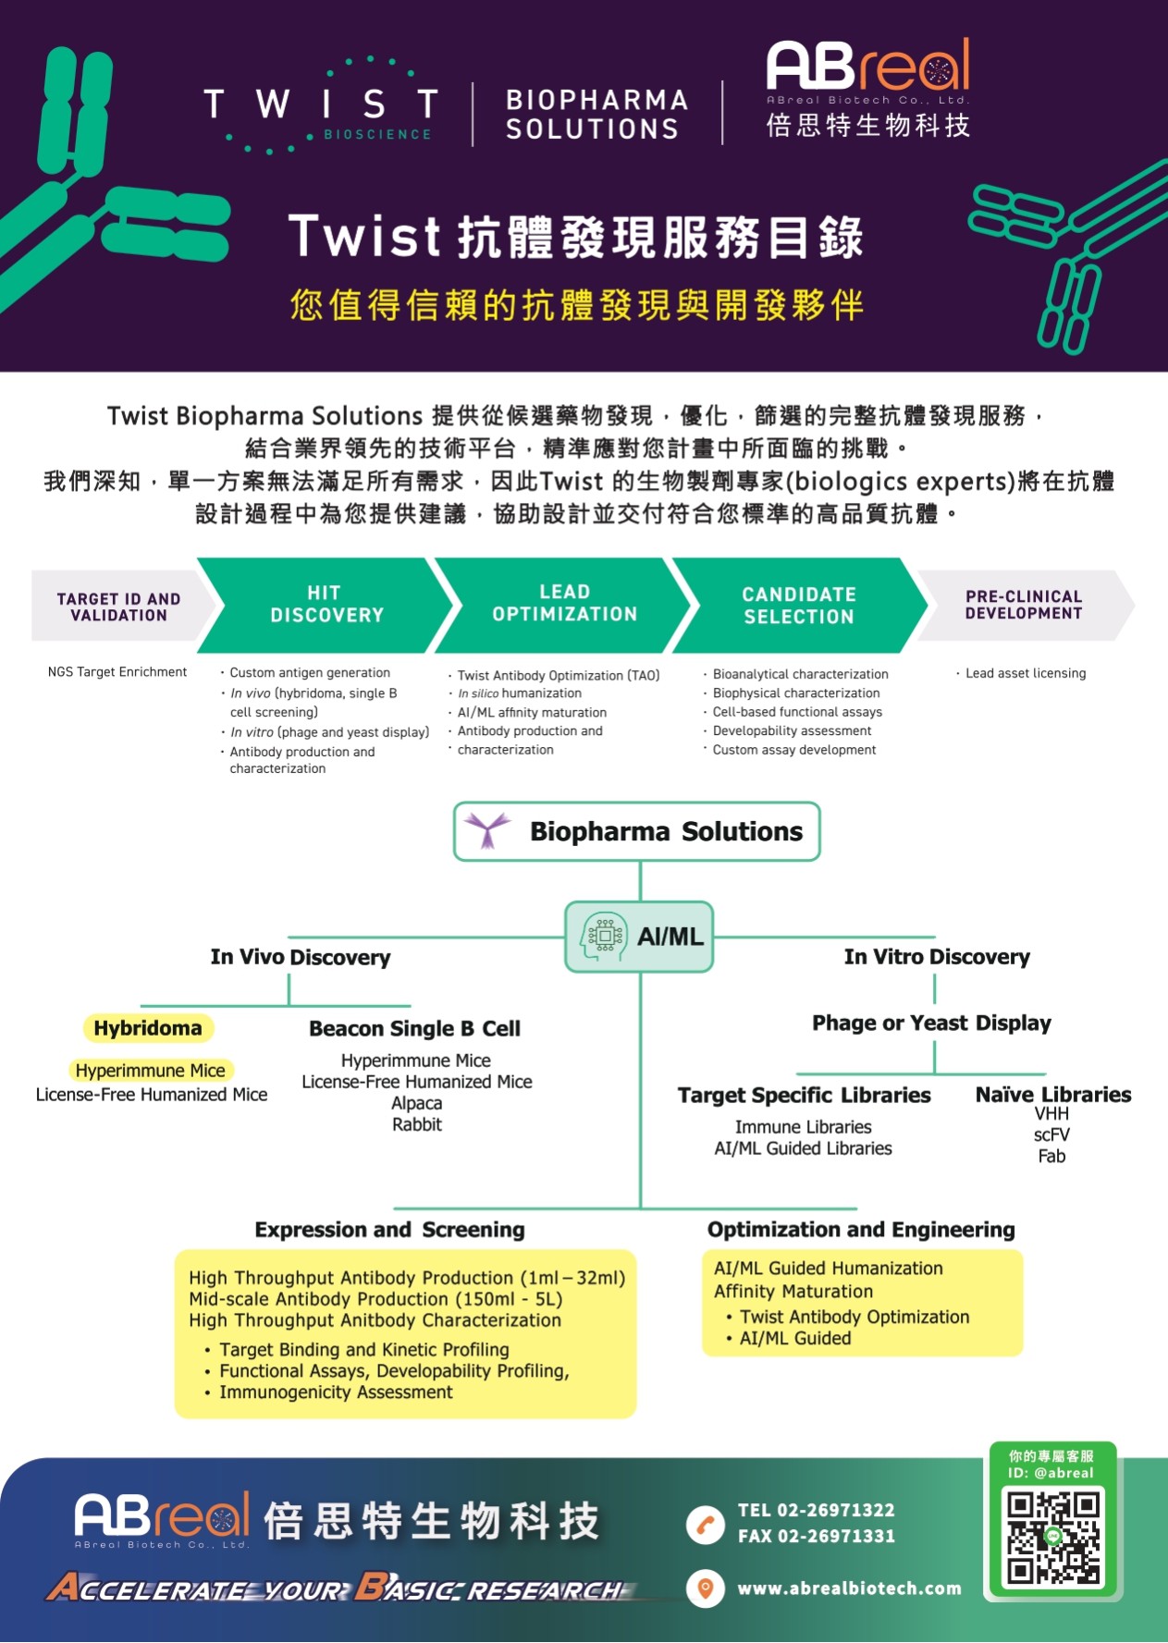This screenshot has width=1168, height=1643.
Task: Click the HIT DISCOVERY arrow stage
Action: point(326,605)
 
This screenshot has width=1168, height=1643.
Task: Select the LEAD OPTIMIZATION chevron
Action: point(564,604)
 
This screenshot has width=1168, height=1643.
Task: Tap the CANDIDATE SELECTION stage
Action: point(799,606)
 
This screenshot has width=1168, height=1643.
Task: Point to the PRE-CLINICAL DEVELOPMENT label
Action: point(1024,605)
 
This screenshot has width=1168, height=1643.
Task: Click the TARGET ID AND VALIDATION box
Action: point(118,607)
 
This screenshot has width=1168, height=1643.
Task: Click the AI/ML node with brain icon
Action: point(639,937)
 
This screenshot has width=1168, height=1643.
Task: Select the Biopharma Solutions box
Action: point(637,831)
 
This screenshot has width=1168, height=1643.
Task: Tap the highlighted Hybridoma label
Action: point(148,1028)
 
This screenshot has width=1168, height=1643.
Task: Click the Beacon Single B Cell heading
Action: point(414,1028)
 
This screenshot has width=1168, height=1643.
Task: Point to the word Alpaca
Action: point(417,1103)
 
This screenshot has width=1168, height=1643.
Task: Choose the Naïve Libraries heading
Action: point(1053,1095)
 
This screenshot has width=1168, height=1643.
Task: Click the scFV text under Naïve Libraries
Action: point(1051,1134)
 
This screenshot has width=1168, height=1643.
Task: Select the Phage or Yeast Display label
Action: point(931,1023)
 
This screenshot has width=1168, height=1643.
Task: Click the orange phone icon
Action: point(706,1525)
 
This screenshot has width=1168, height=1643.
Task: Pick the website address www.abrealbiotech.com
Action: point(849,1588)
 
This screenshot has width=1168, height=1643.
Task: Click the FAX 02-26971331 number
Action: point(816,1536)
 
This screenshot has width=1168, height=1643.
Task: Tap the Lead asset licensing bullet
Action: point(1025,673)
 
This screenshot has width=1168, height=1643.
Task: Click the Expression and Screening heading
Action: point(389,1230)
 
